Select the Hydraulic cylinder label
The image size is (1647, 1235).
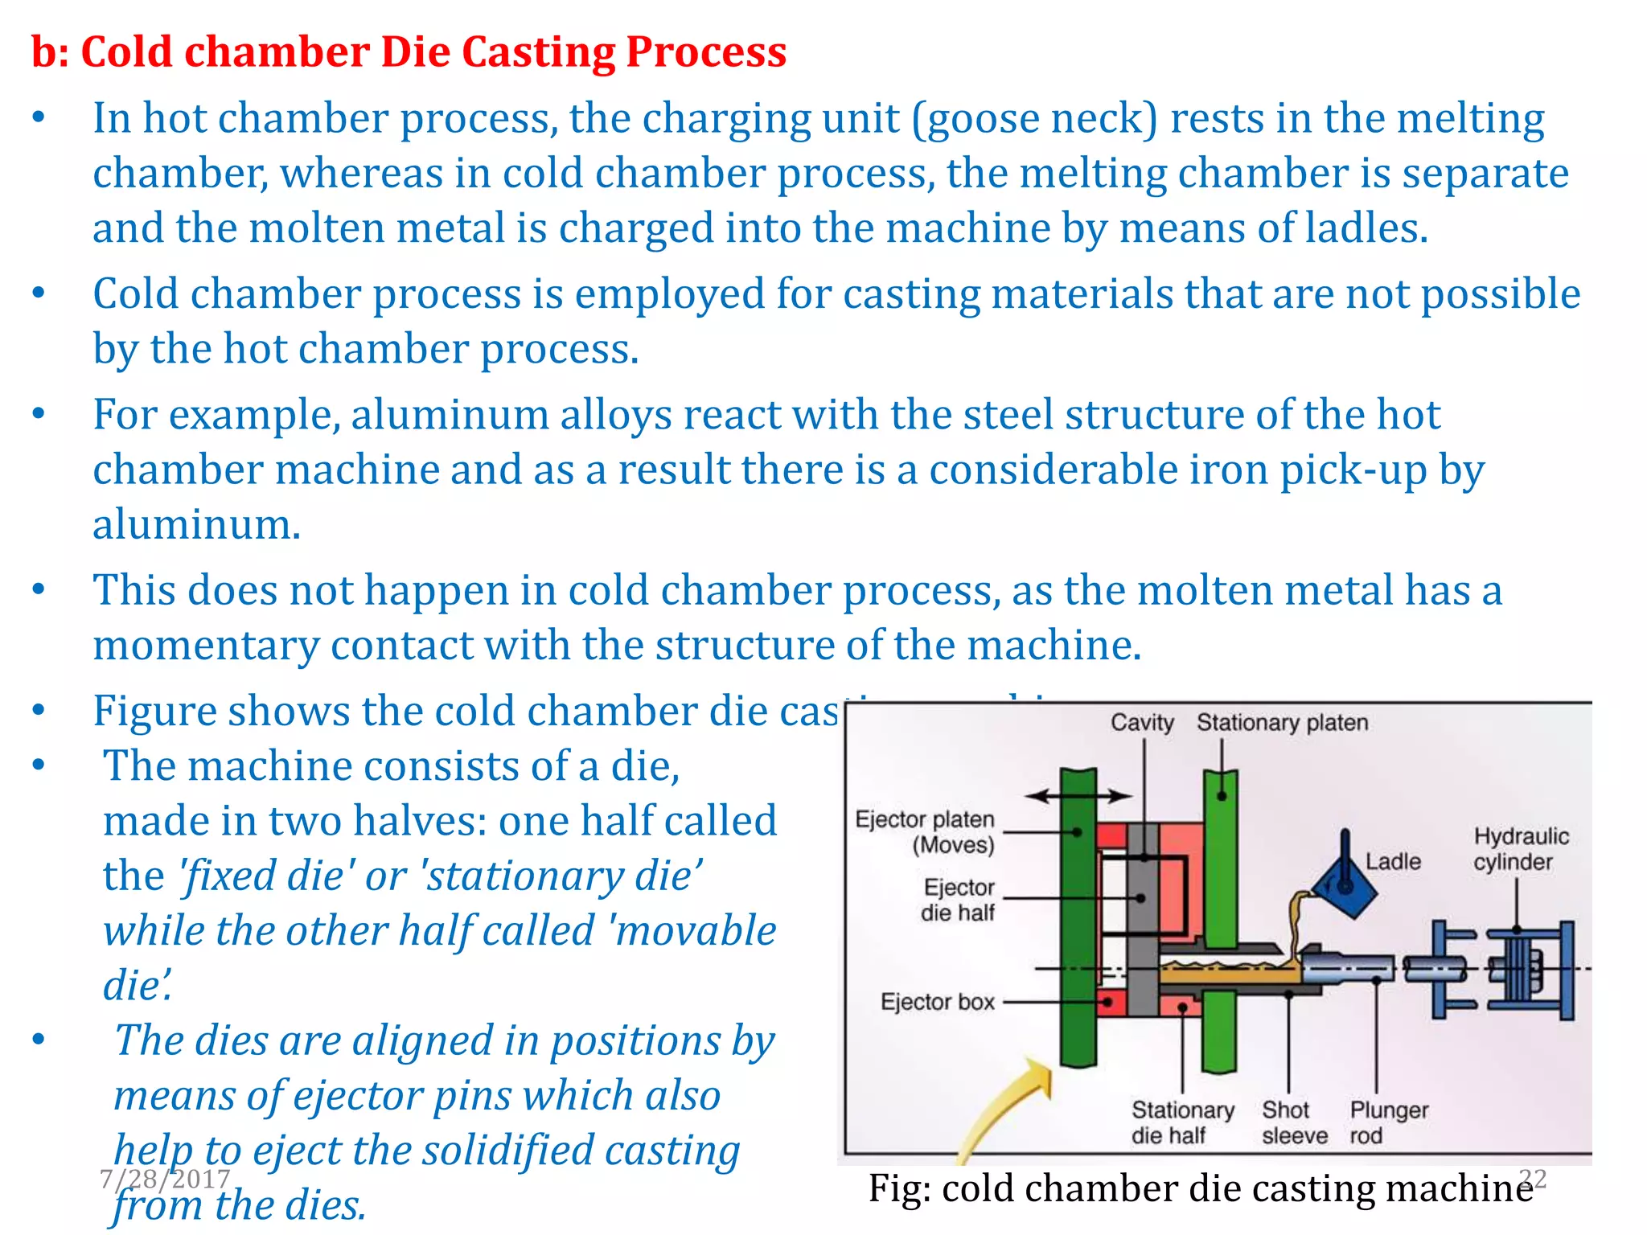[x=1520, y=849]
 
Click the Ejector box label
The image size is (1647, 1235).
[x=937, y=1002]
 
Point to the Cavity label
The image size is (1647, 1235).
[x=1142, y=722]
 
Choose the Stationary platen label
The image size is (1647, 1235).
[x=1282, y=722]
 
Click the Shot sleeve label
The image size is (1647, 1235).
[x=1293, y=1122]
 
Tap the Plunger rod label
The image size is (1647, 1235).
[x=1388, y=1122]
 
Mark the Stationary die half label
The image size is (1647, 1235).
[x=1181, y=1122]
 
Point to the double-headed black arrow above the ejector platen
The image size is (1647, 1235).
[x=1078, y=796]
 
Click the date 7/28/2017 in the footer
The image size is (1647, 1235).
[x=164, y=1179]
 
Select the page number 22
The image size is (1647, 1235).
[x=1533, y=1178]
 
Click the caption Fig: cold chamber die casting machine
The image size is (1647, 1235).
[x=1200, y=1188]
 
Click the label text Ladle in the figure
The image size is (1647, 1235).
[x=1393, y=861]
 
